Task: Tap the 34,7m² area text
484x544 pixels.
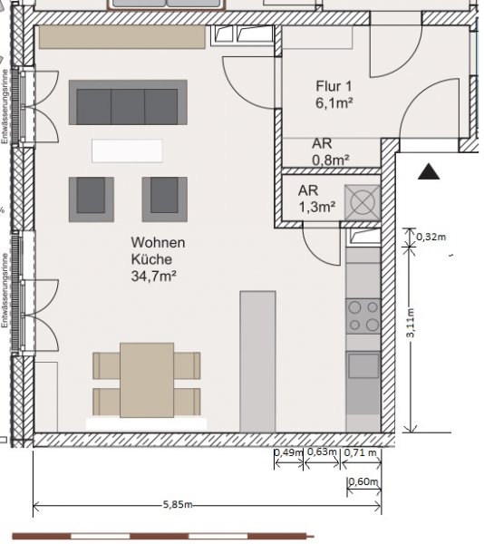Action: click(x=153, y=277)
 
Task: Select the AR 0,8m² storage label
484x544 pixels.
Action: click(x=331, y=152)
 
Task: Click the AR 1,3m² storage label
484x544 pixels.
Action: click(x=316, y=199)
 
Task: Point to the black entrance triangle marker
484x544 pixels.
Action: click(x=429, y=171)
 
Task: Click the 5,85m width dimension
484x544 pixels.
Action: click(x=178, y=504)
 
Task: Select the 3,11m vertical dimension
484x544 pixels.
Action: click(x=411, y=323)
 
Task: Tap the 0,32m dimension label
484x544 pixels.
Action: click(x=431, y=237)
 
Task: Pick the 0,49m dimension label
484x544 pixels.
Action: click(x=289, y=452)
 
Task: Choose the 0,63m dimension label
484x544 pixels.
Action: click(x=322, y=452)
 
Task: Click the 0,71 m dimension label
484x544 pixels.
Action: click(x=360, y=452)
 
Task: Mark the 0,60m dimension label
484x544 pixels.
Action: click(x=363, y=481)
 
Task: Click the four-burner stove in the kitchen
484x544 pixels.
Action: click(x=363, y=316)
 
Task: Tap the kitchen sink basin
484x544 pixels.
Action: click(x=363, y=365)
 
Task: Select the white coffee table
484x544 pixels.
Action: click(x=127, y=151)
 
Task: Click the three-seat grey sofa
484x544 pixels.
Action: click(x=128, y=102)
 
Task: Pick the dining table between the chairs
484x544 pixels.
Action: click(x=147, y=380)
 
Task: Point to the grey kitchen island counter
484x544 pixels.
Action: click(x=257, y=362)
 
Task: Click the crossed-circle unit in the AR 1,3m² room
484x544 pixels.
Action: click(x=363, y=202)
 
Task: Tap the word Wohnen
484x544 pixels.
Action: click(x=158, y=242)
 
